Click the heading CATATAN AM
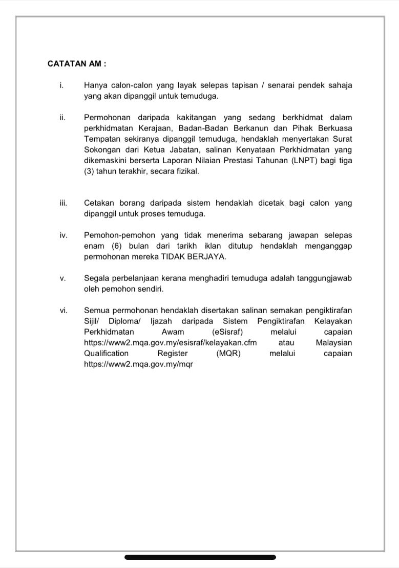(77, 64)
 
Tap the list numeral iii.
(62, 203)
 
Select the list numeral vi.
(63, 310)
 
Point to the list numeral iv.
(63, 235)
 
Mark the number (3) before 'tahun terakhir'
(89, 171)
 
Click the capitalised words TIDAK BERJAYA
(197, 257)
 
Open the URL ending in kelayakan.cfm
(171, 342)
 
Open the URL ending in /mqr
(138, 364)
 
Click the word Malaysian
(334, 342)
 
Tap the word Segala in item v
(96, 278)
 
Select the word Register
(173, 353)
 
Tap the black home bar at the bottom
(200, 557)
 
